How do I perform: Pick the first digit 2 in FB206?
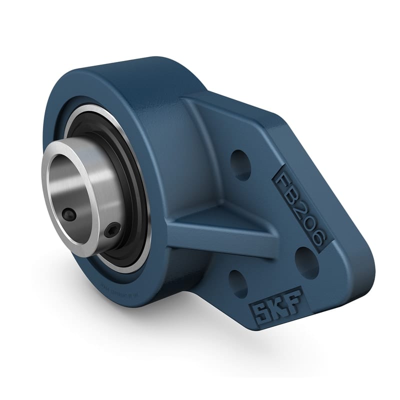300,203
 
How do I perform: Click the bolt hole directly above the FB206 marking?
240,163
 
